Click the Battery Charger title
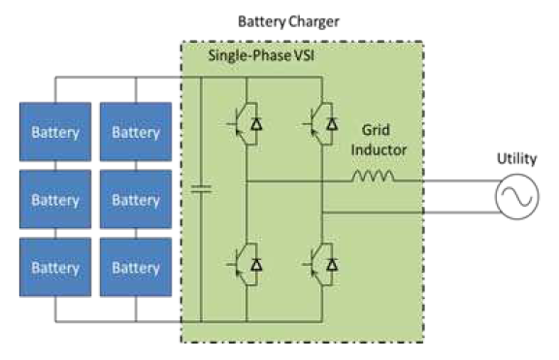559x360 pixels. coord(289,19)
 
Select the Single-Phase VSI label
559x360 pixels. coord(255,56)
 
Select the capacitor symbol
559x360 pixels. coord(201,190)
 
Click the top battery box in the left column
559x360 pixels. coord(55,132)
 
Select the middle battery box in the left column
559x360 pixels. coord(55,200)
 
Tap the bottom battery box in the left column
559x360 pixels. coord(55,267)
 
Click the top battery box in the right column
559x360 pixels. coord(135,132)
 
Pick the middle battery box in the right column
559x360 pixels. coord(135,200)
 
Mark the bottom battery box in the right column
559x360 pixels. coord(135,267)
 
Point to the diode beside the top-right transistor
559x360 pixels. coord(333,124)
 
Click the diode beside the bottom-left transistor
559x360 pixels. coord(256,264)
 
